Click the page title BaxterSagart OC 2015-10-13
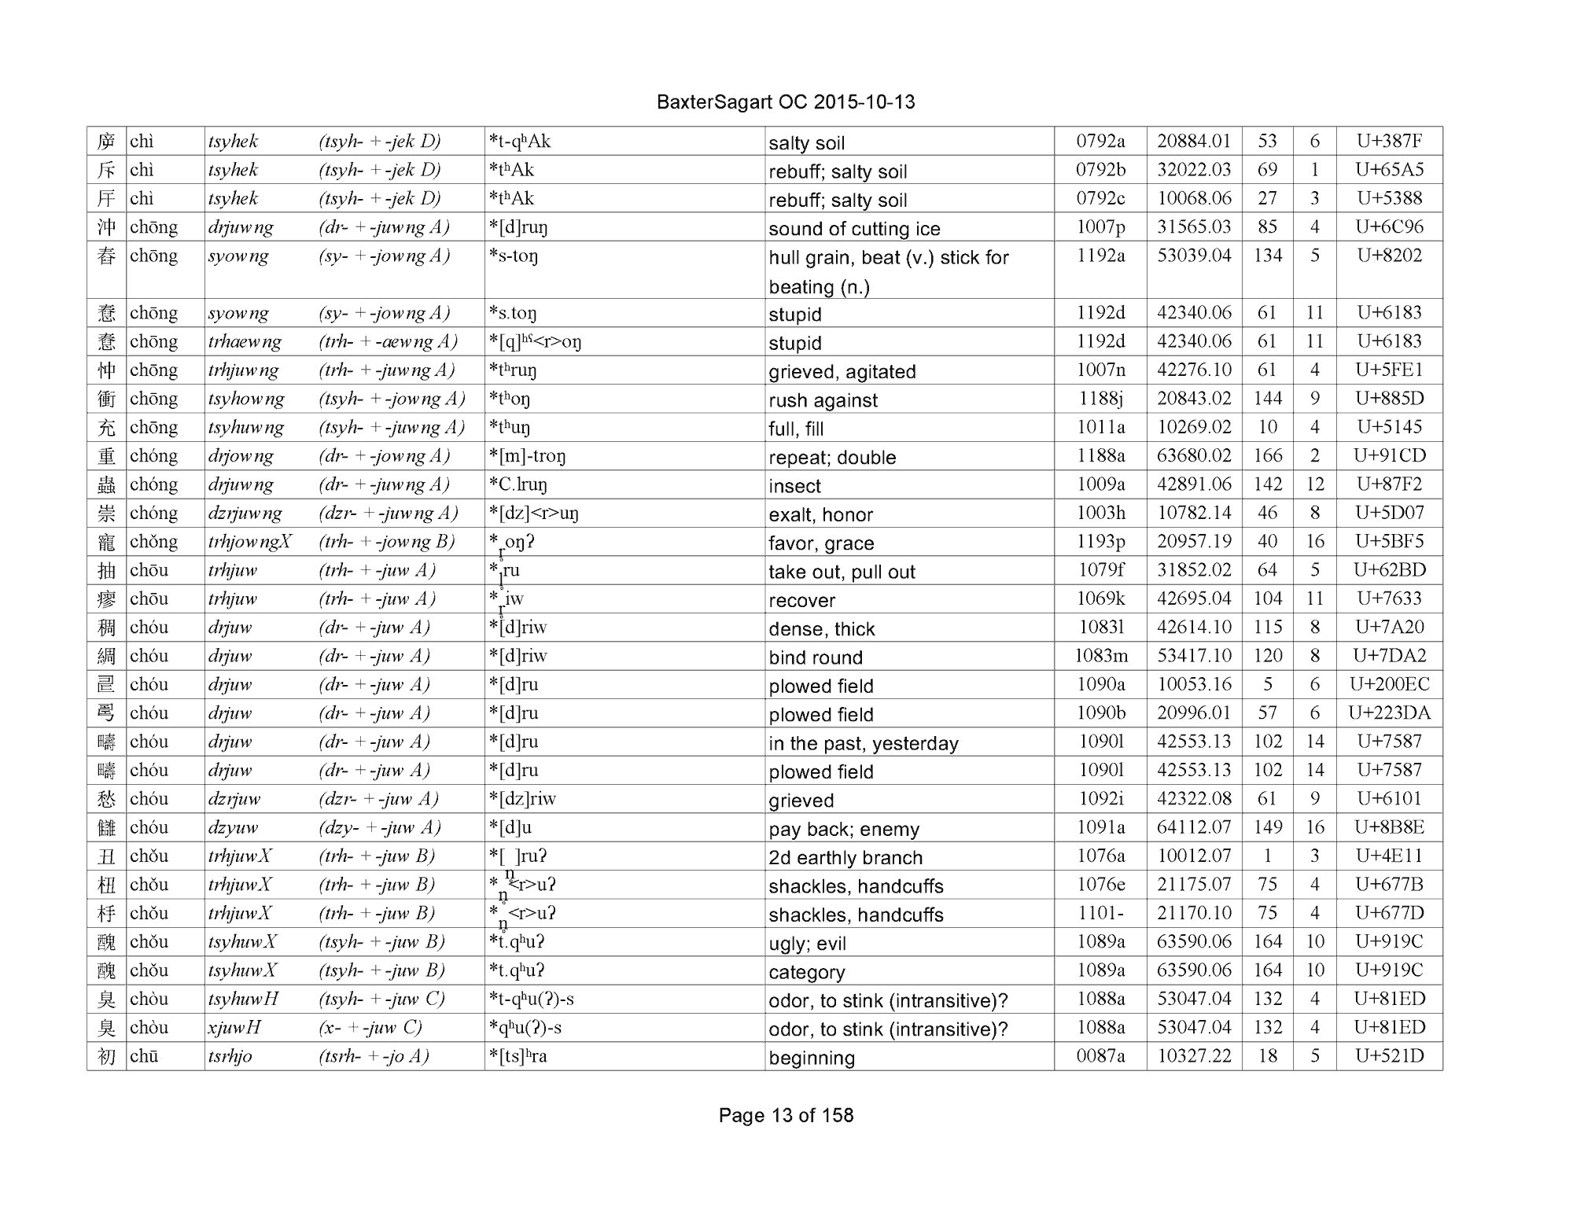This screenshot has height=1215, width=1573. pyautogui.click(x=785, y=102)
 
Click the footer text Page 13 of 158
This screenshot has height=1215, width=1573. pyautogui.click(x=786, y=1115)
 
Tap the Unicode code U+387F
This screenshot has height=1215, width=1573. pyautogui.click(x=1389, y=142)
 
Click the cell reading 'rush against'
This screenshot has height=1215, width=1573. pyautogui.click(x=823, y=400)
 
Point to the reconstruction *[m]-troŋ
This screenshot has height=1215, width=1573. pyautogui.click(x=527, y=456)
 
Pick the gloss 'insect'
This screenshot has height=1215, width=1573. pyautogui.click(x=794, y=486)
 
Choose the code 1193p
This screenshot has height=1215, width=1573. pyautogui.click(x=1100, y=541)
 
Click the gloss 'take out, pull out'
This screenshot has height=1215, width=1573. pyautogui.click(x=842, y=572)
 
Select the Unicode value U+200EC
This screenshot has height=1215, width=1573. pyautogui.click(x=1389, y=684)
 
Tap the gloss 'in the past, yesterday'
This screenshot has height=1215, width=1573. pyautogui.click(x=864, y=743)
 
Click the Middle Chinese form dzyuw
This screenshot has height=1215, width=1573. pyautogui.click(x=233, y=827)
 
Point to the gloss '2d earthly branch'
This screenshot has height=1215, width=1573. pyautogui.click(x=845, y=857)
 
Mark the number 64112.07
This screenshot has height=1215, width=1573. pyautogui.click(x=1194, y=827)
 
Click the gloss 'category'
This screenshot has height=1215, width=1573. pyautogui.click(x=807, y=972)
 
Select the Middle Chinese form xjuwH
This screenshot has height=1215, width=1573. pyautogui.click(x=234, y=1028)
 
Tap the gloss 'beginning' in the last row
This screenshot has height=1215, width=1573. pyautogui.click(x=812, y=1058)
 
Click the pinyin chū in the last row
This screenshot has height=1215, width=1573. pyautogui.click(x=144, y=1056)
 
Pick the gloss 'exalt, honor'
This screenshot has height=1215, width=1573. pyautogui.click(x=820, y=514)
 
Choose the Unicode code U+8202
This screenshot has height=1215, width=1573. pyautogui.click(x=1389, y=256)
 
